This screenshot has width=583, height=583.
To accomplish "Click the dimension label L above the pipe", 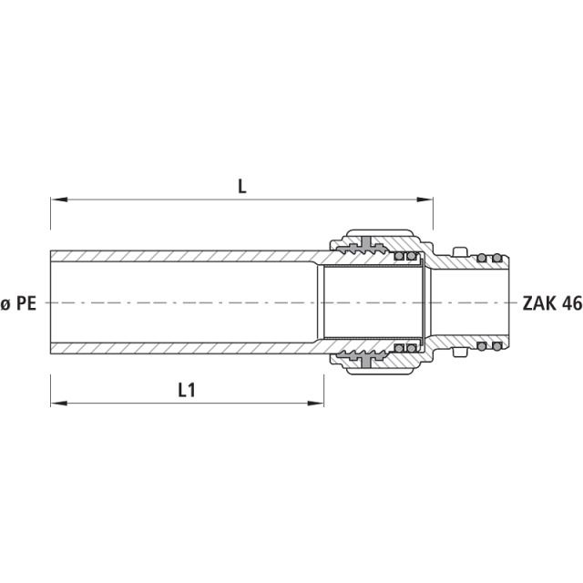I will click(x=242, y=186).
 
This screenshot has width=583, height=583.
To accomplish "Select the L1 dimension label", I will click(x=186, y=390).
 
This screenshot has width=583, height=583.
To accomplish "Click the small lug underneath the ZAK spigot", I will click(x=461, y=355).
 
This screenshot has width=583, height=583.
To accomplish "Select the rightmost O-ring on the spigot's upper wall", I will click(x=496, y=259).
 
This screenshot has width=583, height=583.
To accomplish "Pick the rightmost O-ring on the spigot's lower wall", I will click(x=496, y=346).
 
